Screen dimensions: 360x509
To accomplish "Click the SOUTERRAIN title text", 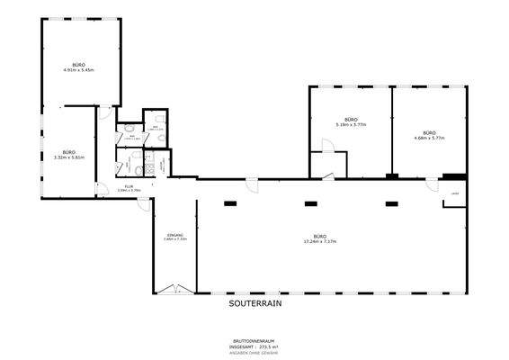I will pyautogui.click(x=254, y=304).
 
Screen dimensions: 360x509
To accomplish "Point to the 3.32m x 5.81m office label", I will pyautogui.click(x=67, y=155).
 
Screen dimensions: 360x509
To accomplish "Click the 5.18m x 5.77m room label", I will pyautogui.click(x=350, y=122).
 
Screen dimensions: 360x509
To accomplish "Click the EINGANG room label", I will pyautogui.click(x=174, y=237).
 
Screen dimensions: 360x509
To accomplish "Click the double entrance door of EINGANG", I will pyautogui.click(x=174, y=289).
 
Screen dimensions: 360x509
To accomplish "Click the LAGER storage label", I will pyautogui.click(x=456, y=193).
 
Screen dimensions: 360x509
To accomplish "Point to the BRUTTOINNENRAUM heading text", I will pyautogui.click(x=254, y=341).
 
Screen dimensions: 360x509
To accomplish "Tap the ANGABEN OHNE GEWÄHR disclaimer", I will pyautogui.click(x=254, y=352).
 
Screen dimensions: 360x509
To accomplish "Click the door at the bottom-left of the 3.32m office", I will pyautogui.click(x=102, y=186).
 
